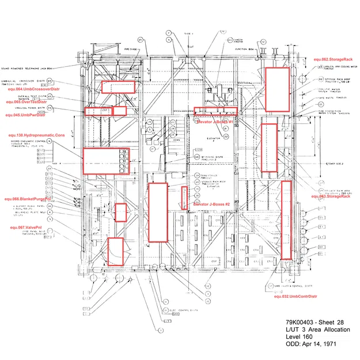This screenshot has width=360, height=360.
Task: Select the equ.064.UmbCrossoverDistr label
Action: tap(33, 89)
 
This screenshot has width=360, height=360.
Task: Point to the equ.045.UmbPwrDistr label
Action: tap(25, 115)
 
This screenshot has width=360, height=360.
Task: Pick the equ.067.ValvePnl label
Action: tap(26, 228)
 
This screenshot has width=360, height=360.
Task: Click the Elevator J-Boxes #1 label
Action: tap(214, 122)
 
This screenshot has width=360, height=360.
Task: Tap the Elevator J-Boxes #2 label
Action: tap(211, 204)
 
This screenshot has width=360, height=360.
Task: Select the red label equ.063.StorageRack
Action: tap(331, 196)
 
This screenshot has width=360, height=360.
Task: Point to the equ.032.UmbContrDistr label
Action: tap(295, 296)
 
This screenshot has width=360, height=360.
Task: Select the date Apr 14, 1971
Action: tap(320, 344)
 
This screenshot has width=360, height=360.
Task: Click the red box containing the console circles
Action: tap(106, 161)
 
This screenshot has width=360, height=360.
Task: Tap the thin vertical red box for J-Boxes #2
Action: tap(184, 197)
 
